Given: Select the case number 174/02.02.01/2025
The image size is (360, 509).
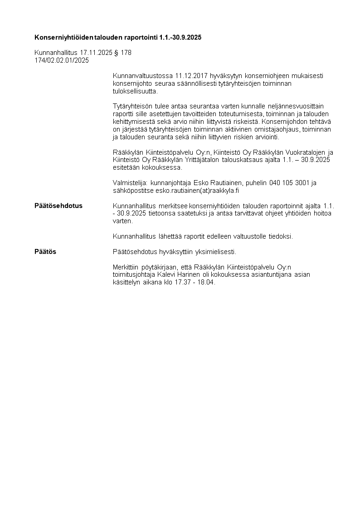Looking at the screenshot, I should point(62,60).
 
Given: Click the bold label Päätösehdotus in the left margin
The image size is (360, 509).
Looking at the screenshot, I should point(58,206).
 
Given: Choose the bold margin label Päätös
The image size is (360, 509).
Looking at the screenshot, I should point(45,251).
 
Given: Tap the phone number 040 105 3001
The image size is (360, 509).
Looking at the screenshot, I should point(289,183).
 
